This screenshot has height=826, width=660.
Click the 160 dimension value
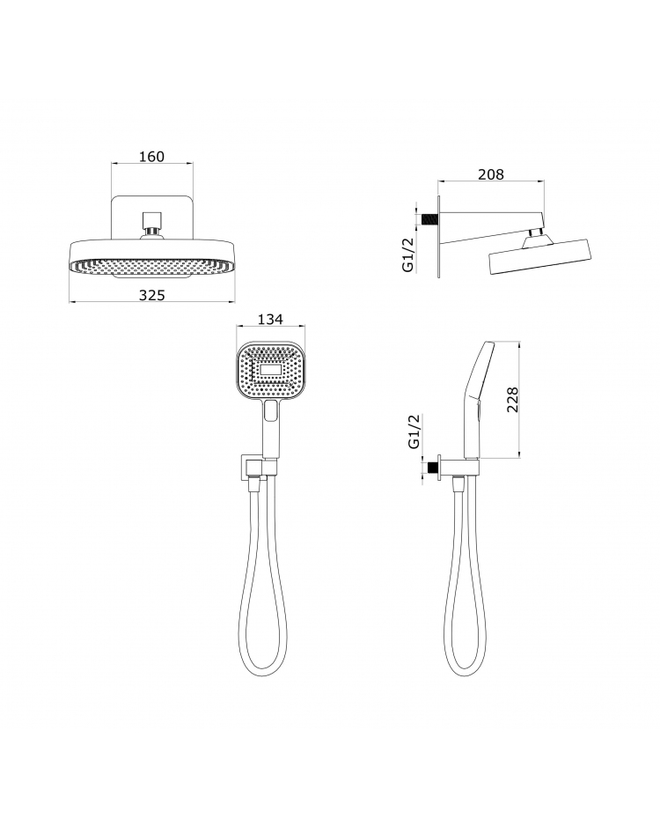pyautogui.click(x=151, y=157)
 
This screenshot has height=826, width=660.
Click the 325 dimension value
pyautogui.click(x=151, y=296)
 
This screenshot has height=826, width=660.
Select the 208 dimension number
pyautogui.click(x=490, y=174)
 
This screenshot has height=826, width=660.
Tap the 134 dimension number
pyautogui.click(x=270, y=320)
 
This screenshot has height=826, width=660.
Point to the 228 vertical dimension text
pyautogui.click(x=513, y=399)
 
